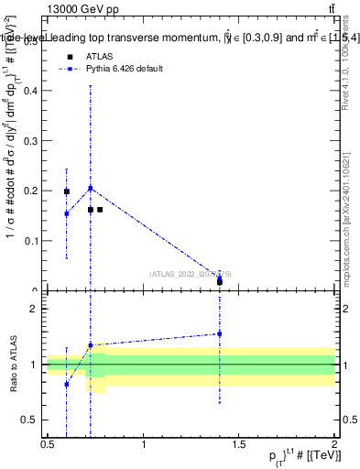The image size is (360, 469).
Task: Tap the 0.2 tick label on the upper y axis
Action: click(x=35, y=191)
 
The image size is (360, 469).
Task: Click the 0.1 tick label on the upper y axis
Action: click(x=35, y=241)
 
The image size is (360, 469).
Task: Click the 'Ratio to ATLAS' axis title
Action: click(x=13, y=365)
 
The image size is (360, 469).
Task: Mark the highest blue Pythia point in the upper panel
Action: click(x=90, y=188)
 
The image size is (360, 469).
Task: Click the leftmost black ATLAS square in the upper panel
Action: click(x=66, y=191)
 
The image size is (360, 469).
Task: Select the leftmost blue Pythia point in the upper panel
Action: click(x=66, y=213)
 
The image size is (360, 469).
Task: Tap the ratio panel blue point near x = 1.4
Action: click(x=220, y=333)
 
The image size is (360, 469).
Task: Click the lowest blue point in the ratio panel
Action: click(x=66, y=384)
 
